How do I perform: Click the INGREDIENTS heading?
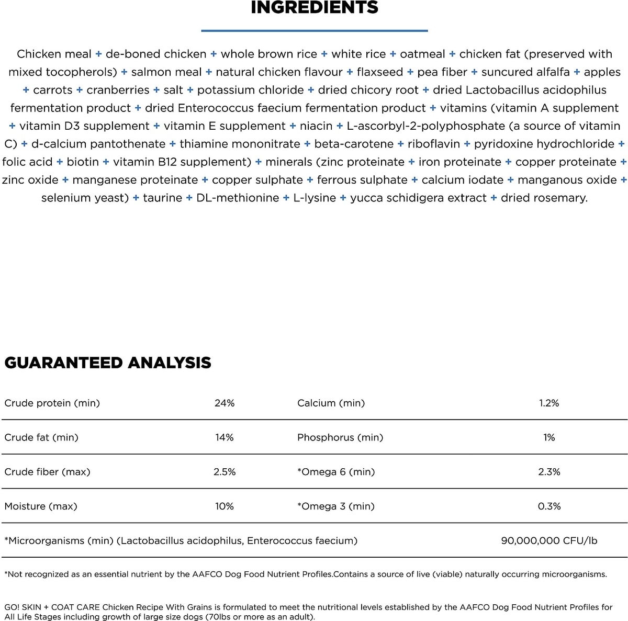point(315,8)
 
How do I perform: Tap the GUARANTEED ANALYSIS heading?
point(108,363)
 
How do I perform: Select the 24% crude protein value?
point(225,403)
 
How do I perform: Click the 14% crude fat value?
point(225,437)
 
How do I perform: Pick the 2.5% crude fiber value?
point(225,472)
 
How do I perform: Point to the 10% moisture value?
point(225,506)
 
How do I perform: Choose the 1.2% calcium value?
point(549,403)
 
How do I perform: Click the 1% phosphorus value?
point(549,437)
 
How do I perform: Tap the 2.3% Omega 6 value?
point(549,472)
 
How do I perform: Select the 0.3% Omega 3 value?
point(549,506)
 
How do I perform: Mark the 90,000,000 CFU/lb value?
point(549,540)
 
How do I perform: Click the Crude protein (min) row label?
point(52,403)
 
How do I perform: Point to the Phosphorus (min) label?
point(340,437)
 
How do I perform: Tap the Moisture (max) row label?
point(41,506)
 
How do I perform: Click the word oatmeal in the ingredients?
point(422,54)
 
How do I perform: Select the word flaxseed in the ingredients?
point(380,72)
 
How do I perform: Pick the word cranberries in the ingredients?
point(118,90)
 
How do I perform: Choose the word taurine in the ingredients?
point(162,198)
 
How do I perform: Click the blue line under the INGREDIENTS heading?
point(315,31)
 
